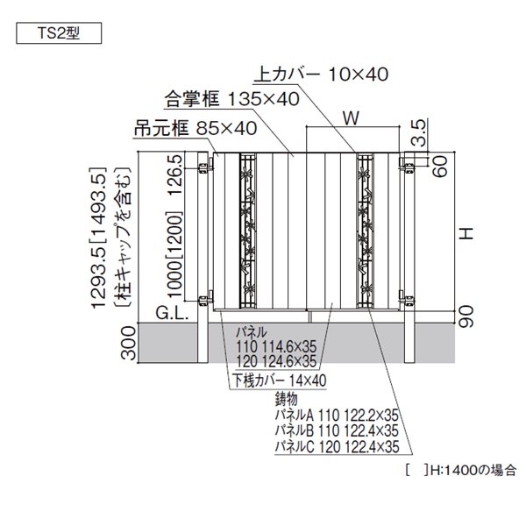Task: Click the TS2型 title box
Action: [59, 33]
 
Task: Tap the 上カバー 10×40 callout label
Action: [322, 75]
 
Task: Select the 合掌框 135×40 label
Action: [231, 99]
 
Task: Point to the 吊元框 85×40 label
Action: [195, 128]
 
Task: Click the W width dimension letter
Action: [351, 117]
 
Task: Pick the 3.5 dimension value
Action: [419, 133]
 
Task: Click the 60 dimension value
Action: [440, 166]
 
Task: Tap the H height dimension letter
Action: [466, 233]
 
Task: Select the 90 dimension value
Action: [466, 316]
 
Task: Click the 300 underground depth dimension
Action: [128, 343]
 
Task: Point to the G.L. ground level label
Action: [172, 313]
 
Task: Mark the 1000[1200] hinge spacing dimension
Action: [174, 254]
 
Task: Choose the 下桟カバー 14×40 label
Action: [279, 380]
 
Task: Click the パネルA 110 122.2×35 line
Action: [337, 416]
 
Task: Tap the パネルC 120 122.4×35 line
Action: [338, 446]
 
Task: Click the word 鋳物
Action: [286, 399]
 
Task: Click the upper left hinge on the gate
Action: [206, 166]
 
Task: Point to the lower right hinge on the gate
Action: [407, 299]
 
